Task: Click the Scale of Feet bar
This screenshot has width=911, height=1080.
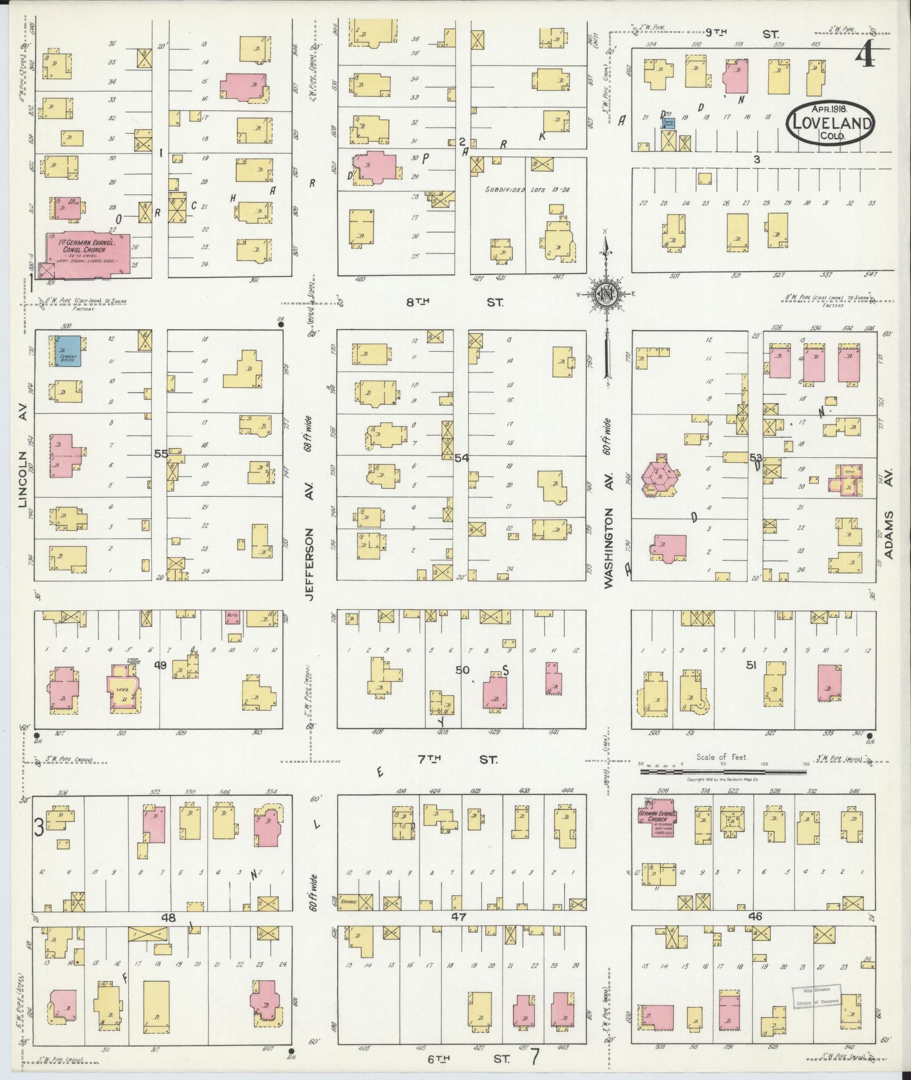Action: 723,764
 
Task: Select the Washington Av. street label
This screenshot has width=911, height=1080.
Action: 609,548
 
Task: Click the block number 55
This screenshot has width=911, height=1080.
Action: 160,453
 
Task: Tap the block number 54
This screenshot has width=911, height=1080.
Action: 461,458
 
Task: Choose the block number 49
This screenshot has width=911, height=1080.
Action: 161,666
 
